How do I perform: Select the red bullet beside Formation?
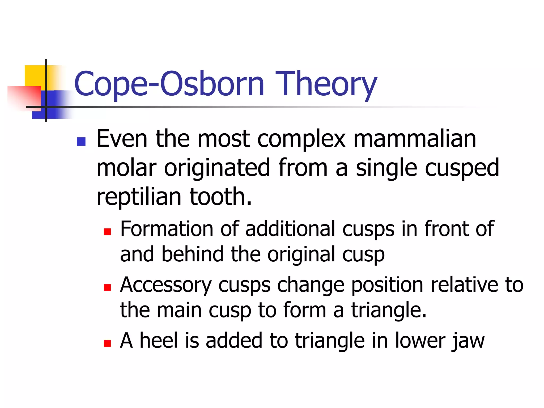point(107,232)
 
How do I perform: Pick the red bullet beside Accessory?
point(107,287)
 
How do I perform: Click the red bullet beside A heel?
point(107,343)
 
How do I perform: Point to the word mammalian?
point(415,139)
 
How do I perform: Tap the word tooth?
point(220,197)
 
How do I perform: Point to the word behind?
point(193,254)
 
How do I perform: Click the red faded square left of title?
point(24,97)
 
